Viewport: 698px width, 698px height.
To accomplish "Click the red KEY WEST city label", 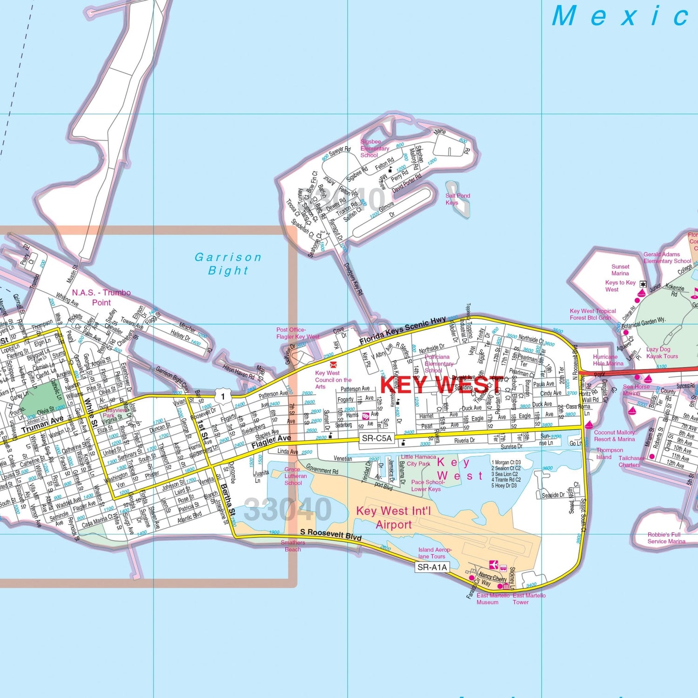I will [x=441, y=385].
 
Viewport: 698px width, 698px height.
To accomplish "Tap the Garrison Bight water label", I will [x=228, y=264].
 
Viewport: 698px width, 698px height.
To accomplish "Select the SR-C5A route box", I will [x=376, y=438].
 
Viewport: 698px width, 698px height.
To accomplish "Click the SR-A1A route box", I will [x=432, y=567].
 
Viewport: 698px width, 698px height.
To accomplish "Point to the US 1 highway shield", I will [x=223, y=396].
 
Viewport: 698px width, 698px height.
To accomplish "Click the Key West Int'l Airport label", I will [x=394, y=517].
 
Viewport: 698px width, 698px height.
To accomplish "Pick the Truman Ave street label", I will [x=42, y=424].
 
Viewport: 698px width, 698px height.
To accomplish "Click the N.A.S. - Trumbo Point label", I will [x=101, y=297].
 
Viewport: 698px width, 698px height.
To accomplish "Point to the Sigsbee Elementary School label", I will [x=374, y=148].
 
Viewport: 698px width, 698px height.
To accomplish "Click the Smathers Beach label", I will [x=293, y=546].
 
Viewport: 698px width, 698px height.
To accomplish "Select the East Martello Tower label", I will [x=529, y=598].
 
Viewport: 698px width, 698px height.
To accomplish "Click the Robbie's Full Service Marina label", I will [x=666, y=538].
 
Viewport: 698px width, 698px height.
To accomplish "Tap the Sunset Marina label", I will [x=620, y=270].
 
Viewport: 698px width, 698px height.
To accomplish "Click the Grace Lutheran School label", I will [x=295, y=476].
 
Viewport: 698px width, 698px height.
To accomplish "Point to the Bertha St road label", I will [x=228, y=500].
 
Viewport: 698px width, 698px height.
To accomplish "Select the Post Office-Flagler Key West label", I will [x=298, y=333].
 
